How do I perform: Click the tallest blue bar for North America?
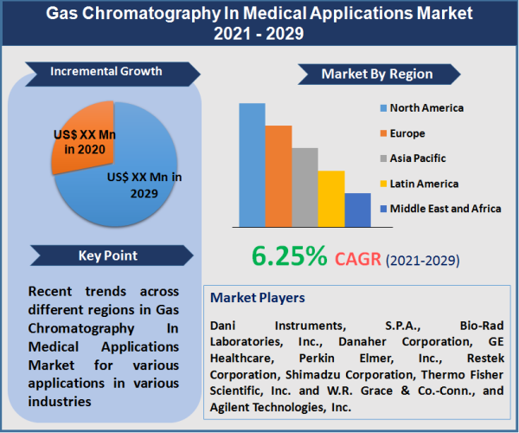[x=252, y=165]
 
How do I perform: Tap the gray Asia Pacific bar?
[x=304, y=187]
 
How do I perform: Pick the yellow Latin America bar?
[x=331, y=198]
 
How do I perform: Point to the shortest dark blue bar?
[x=357, y=210]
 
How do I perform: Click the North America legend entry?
[x=426, y=108]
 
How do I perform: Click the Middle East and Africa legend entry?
[x=444, y=209]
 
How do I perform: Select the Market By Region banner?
[x=377, y=74]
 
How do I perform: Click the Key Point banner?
[x=107, y=255]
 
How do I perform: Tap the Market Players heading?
[x=257, y=298]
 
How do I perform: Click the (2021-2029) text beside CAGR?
[x=422, y=260]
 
